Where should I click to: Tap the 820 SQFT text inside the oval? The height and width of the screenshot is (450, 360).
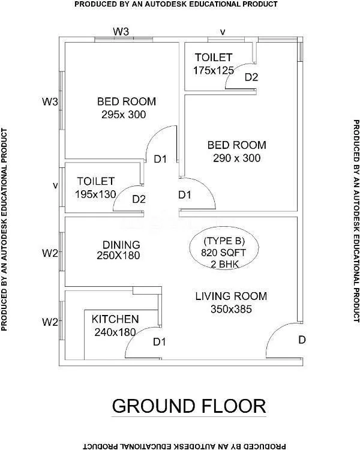(224, 253)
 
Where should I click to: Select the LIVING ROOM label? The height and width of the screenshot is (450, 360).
(231, 296)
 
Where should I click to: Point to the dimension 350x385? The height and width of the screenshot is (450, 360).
(230, 310)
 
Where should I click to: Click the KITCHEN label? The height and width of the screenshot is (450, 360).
(115, 319)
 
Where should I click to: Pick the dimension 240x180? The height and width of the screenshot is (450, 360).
(113, 331)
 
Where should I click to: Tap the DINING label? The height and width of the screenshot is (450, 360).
(121, 245)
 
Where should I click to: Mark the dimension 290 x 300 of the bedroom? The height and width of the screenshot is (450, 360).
(236, 158)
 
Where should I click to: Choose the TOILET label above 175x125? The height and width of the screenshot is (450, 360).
(213, 58)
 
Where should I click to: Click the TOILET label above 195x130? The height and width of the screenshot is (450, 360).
(95, 181)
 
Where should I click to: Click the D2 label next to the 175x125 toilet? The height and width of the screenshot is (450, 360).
(251, 77)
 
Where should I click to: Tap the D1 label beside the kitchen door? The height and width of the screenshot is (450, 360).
(159, 342)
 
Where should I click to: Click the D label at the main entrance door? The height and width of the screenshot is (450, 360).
(302, 340)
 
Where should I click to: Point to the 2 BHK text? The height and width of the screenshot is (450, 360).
(224, 264)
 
